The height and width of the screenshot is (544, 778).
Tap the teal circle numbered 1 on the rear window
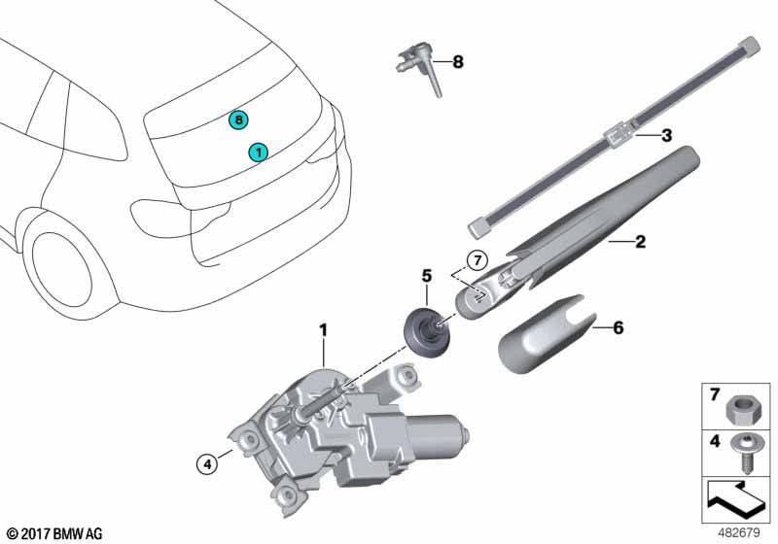(258, 152)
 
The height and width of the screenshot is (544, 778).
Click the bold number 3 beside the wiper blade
(666, 137)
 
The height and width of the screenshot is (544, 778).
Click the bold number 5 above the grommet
(424, 275)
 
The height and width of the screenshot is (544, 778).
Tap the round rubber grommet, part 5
(422, 324)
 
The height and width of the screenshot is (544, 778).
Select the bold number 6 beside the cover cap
(617, 328)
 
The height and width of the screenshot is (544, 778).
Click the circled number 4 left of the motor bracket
(205, 464)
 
